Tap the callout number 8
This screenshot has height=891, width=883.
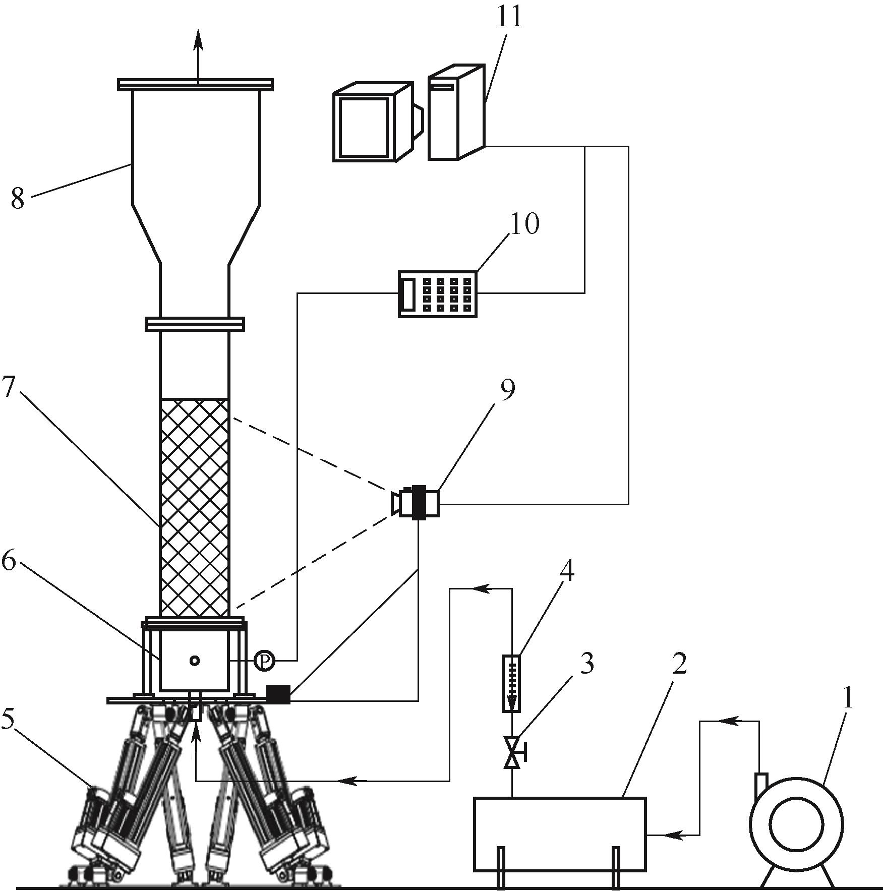point(18,199)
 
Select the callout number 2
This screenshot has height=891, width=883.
point(679,665)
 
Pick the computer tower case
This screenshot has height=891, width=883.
point(456,112)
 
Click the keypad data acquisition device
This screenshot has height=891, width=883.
point(438,293)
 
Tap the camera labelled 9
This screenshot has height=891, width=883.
point(416,501)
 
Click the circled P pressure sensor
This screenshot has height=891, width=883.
point(264,661)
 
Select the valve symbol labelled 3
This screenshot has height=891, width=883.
point(513,753)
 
